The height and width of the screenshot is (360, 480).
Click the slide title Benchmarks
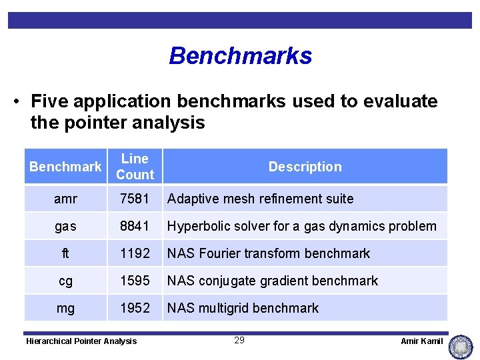coord(240,56)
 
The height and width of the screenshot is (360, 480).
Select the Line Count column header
coord(135,167)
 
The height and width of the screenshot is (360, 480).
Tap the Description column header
coord(305,167)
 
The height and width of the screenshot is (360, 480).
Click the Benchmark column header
coord(65,167)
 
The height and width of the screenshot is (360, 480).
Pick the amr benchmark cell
coord(65,199)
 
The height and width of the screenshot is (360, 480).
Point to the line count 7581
coord(135,199)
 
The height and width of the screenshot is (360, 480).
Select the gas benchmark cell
coord(65,226)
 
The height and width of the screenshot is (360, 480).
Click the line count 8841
coord(135,226)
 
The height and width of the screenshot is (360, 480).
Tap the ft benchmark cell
coord(65,253)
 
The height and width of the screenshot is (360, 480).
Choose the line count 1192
coord(135,253)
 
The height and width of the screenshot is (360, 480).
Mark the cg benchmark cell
coord(65,281)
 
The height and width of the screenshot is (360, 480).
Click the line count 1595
coord(135,281)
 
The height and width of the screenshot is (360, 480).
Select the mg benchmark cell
coord(65,308)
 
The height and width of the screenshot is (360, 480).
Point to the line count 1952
coord(135,308)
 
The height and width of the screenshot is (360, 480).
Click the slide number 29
coord(239,341)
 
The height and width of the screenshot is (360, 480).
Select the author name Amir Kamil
coord(421,341)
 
